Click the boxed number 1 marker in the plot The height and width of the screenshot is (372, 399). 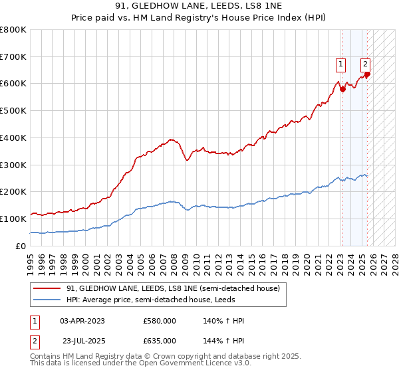(340, 64)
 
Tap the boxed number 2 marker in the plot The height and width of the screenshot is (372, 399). (365, 64)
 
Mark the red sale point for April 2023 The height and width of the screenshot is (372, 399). (342, 89)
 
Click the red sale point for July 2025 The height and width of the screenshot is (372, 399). (367, 74)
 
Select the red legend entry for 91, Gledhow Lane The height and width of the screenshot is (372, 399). (177, 288)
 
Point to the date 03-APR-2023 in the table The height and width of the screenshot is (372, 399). (82, 321)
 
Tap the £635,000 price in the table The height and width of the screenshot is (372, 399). (160, 340)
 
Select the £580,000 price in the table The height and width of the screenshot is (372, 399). (160, 321)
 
